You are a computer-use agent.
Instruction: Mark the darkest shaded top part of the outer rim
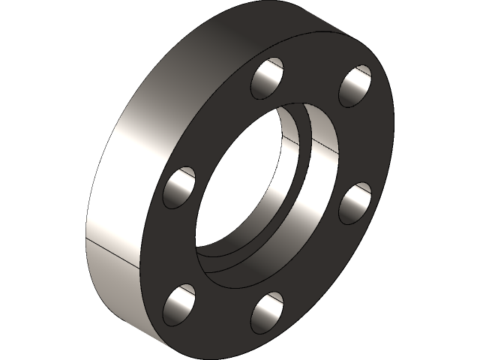247,30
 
